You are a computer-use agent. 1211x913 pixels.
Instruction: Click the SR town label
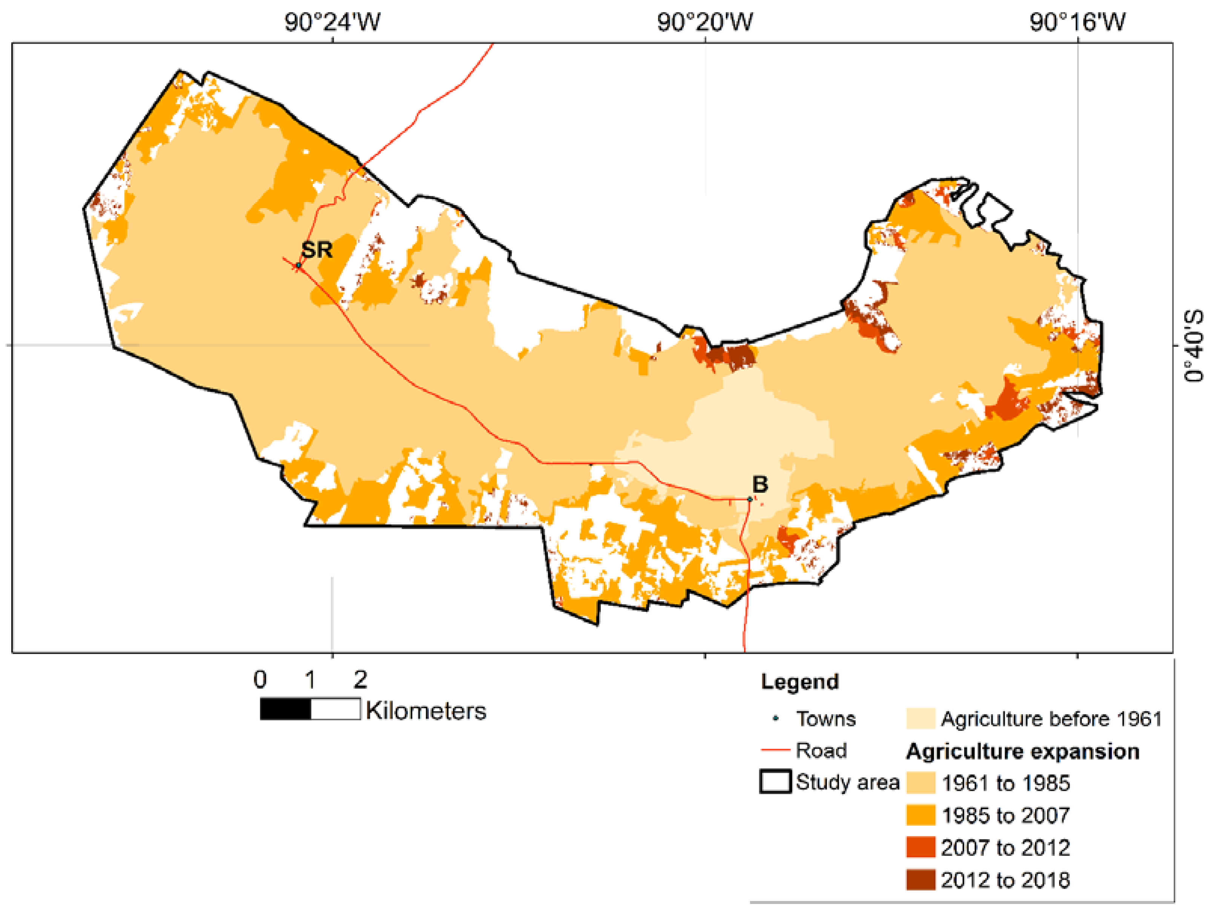coord(317,250)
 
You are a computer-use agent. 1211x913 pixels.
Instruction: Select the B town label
coord(760,484)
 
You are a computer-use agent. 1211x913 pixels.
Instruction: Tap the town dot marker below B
coord(750,499)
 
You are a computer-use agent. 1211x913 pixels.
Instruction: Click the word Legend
coord(799,682)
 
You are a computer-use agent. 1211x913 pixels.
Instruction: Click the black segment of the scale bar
coord(285,709)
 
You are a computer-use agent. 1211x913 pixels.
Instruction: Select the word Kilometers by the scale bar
coord(426,711)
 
